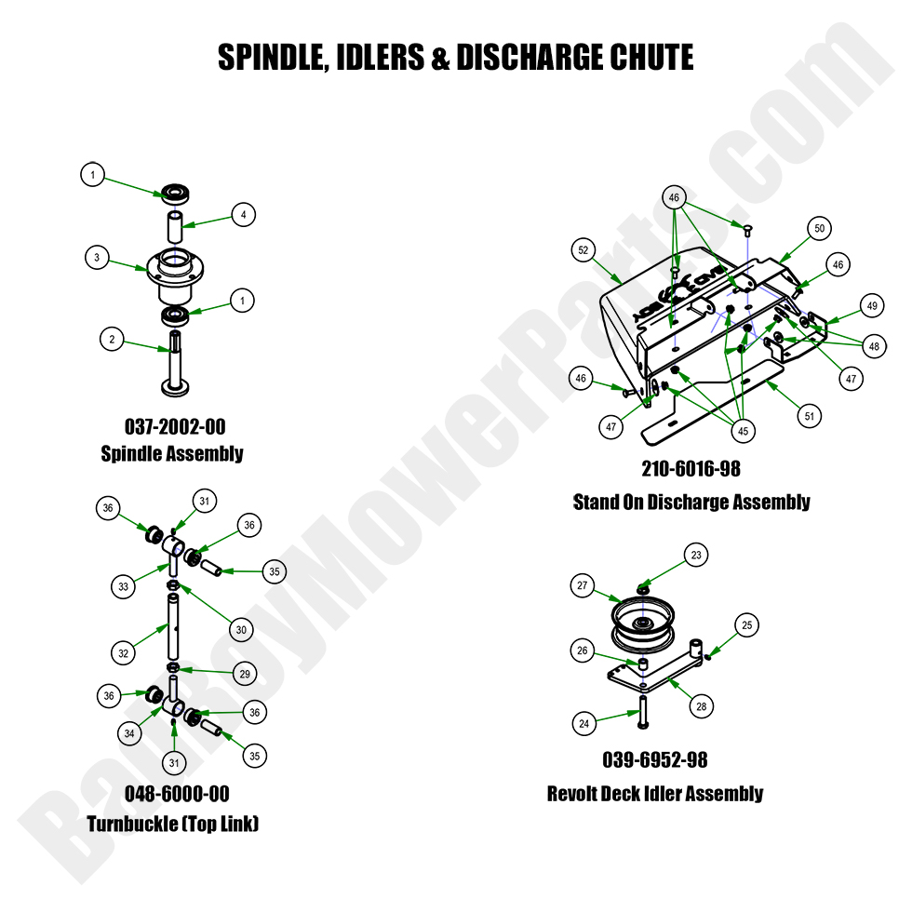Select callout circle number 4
coord(243,215)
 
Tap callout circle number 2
coord(112,340)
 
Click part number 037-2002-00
coord(175,426)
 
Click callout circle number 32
coord(123,653)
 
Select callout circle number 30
coord(241,630)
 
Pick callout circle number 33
coord(123,586)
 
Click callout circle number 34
coord(130,734)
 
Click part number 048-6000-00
coord(177,794)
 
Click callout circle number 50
coord(819,228)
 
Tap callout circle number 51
coord(810,416)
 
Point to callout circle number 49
coord(871,305)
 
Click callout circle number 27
coord(583,586)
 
